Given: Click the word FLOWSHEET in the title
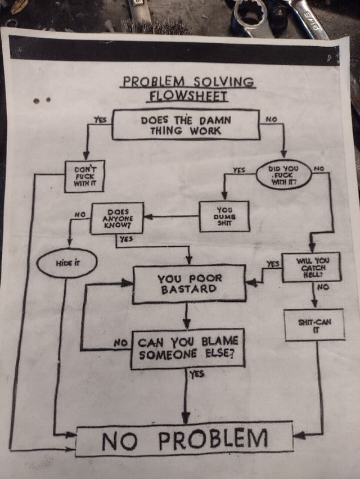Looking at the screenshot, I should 187,96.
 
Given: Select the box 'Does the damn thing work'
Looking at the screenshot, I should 185,125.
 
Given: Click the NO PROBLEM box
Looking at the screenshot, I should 184,439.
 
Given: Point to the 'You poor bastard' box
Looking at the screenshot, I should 189,284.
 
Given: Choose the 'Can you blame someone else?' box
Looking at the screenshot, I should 188,349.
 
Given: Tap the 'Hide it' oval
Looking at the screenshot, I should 66,263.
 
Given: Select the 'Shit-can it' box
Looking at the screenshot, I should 314,326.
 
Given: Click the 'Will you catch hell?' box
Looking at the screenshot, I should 318,267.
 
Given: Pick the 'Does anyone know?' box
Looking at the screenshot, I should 117,218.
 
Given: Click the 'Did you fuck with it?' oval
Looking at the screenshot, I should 283,174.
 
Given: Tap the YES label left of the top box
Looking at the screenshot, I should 100,119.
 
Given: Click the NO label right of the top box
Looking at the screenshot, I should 272,119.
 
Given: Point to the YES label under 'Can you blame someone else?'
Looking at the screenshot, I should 197,374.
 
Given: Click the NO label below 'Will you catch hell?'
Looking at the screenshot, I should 322,287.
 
